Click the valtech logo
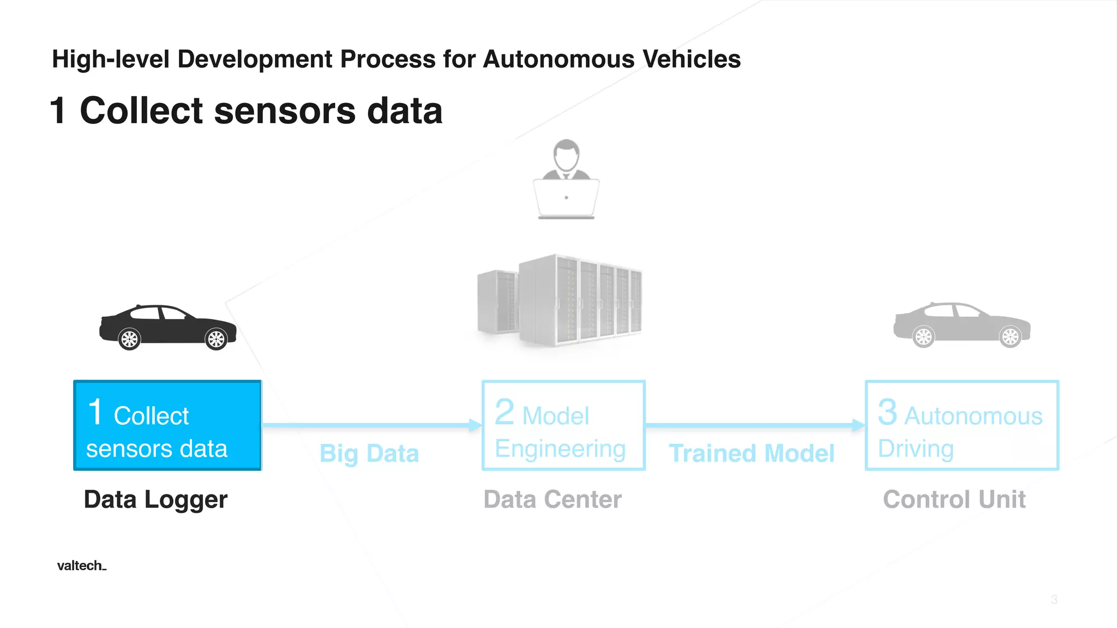[x=81, y=565]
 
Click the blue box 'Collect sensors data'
[x=167, y=425]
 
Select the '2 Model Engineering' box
[x=563, y=425]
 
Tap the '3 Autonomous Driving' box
[x=962, y=425]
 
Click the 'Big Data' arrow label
[x=369, y=454]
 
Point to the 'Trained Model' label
[x=752, y=454]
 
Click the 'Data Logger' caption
[x=155, y=499]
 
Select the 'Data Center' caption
[x=553, y=499]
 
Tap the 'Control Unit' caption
[x=954, y=499]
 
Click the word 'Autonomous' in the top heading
[x=558, y=59]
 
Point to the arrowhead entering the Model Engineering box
[x=475, y=425]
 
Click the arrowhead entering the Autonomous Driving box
[x=858, y=425]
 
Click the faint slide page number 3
[x=1054, y=600]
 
